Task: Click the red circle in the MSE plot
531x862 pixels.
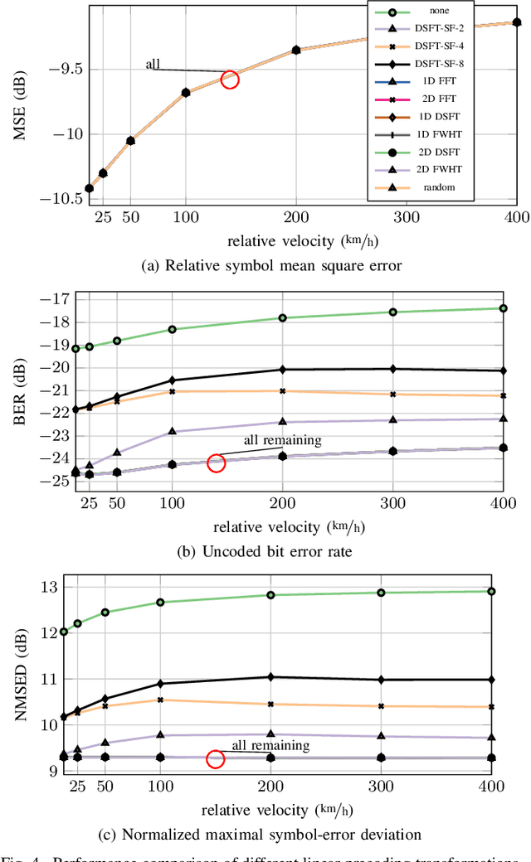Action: tap(230, 80)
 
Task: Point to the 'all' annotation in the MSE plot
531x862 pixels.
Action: tap(153, 64)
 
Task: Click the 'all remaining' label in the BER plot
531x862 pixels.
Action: tap(281, 440)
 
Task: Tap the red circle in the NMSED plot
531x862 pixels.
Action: tap(216, 759)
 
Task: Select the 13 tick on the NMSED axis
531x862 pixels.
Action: tap(59, 587)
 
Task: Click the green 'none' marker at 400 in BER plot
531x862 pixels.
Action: tap(503, 308)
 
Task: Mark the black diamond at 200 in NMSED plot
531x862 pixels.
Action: tap(283, 677)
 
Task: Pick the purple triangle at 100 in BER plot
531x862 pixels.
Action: tap(173, 432)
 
